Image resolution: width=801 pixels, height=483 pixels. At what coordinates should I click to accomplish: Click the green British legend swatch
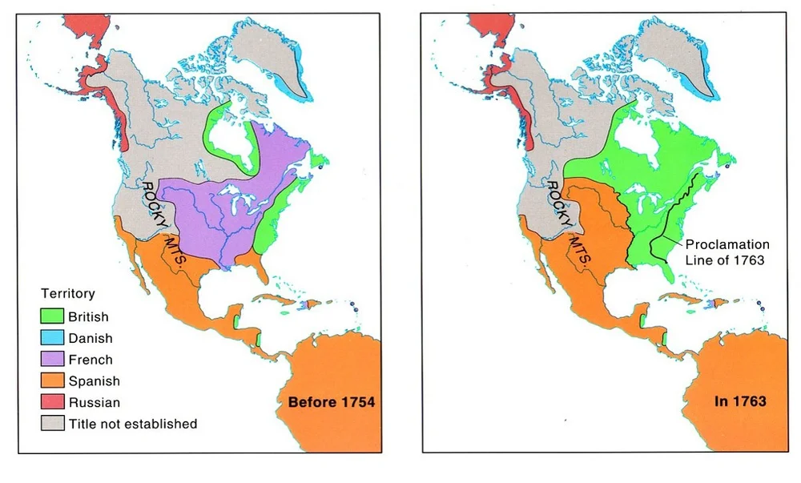[x=52, y=317]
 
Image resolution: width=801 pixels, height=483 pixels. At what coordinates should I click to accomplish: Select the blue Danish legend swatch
[x=52, y=338]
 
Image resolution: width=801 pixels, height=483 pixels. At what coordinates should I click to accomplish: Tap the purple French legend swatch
[x=52, y=360]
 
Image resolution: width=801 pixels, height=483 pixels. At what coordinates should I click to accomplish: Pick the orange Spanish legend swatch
[x=52, y=381]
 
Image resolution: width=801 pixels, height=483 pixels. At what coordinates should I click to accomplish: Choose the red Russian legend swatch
[x=52, y=402]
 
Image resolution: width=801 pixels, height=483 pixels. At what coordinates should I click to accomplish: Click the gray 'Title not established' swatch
[x=52, y=424]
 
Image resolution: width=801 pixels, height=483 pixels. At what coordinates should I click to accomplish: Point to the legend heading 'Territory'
[x=68, y=294]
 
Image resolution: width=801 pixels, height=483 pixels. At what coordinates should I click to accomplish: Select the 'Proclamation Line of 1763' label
[x=727, y=252]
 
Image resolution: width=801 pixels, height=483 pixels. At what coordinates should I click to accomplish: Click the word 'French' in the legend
[x=91, y=360]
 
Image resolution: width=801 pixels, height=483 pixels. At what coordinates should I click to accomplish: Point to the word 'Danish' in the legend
[x=91, y=338]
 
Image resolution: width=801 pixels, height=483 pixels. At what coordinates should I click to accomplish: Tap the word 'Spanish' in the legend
[x=94, y=381]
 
